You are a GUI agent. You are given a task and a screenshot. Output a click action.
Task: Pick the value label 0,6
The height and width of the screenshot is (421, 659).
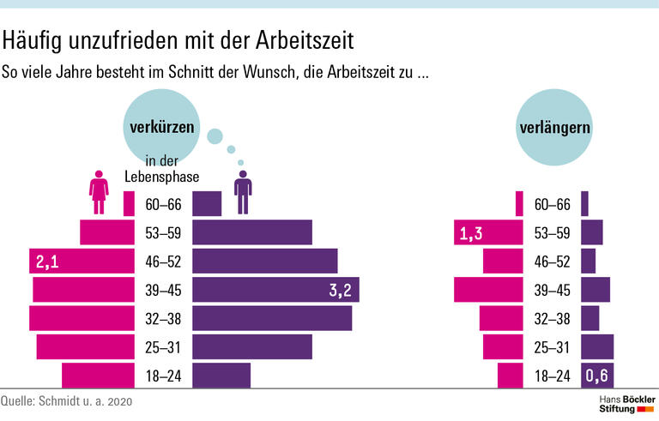click(597, 376)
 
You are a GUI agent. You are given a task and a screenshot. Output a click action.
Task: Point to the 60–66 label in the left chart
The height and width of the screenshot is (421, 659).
click(163, 204)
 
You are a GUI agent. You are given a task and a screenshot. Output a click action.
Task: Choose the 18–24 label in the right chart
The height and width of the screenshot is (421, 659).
click(552, 376)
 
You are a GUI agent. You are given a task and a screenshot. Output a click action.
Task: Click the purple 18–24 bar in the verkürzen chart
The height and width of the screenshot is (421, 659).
click(221, 376)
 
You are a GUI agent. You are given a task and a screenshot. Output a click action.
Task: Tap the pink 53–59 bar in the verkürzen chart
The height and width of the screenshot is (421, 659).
click(107, 232)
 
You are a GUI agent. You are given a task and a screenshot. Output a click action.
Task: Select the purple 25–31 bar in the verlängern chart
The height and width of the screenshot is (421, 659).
click(597, 346)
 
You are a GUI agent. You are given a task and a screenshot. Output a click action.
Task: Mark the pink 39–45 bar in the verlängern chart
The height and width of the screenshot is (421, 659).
click(487, 290)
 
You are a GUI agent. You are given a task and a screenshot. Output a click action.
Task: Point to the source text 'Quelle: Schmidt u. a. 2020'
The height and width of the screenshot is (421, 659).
click(67, 401)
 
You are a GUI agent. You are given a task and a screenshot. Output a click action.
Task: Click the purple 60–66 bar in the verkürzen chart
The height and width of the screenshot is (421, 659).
click(206, 204)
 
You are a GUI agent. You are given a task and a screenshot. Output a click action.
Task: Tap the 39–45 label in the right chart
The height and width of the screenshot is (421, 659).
click(552, 290)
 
